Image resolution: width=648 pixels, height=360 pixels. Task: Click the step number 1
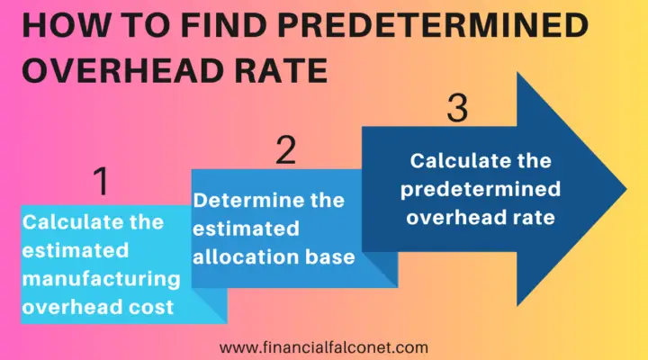(x=103, y=183)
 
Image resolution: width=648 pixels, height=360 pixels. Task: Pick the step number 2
(x=285, y=150)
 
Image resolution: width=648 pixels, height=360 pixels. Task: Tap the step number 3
(x=457, y=109)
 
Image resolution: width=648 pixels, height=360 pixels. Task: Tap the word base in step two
(x=332, y=259)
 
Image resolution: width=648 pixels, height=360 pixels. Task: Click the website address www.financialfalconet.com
(x=324, y=346)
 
